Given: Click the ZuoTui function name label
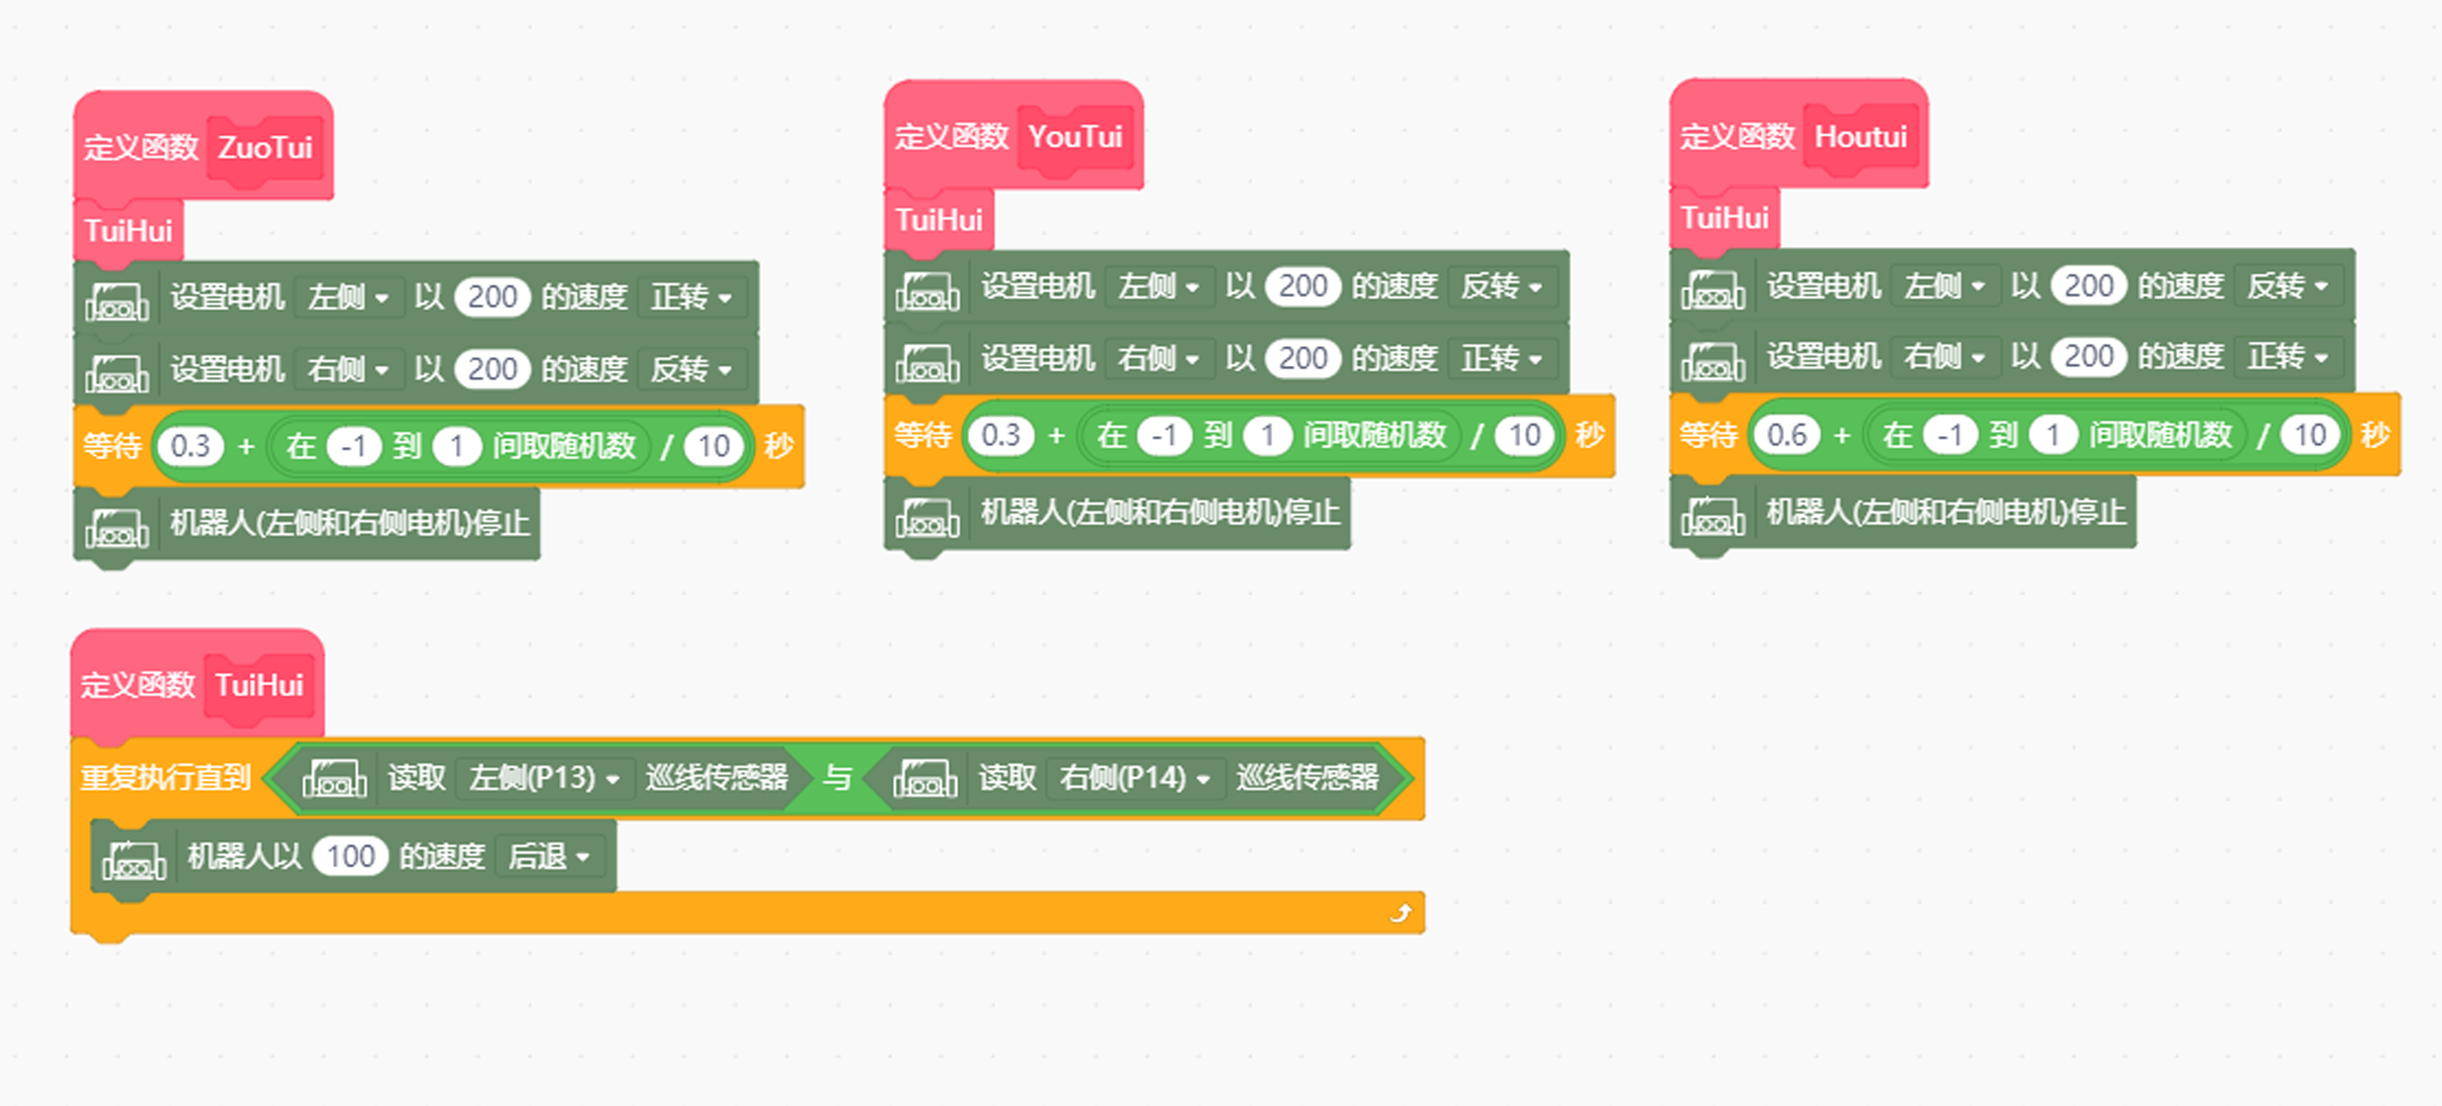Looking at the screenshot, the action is click(266, 148).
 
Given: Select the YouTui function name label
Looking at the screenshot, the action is click(1076, 137).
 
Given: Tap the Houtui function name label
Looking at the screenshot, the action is click(1861, 137).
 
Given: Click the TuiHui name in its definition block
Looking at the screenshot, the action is click(259, 685).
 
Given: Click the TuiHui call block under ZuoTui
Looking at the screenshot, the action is click(128, 231).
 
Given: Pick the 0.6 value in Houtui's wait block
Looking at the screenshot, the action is click(1787, 435).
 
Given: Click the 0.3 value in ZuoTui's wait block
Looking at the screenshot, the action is click(191, 446).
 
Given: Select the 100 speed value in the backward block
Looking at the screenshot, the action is click(351, 856).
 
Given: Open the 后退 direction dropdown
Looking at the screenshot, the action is click(549, 856).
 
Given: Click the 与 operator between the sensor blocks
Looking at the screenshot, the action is click(836, 778).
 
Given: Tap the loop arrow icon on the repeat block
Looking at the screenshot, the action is click(1400, 912).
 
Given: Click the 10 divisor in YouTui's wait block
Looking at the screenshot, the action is click(1524, 436).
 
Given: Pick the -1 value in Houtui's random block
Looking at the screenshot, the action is click(1950, 436).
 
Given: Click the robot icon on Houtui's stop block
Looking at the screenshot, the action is click(1713, 514).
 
